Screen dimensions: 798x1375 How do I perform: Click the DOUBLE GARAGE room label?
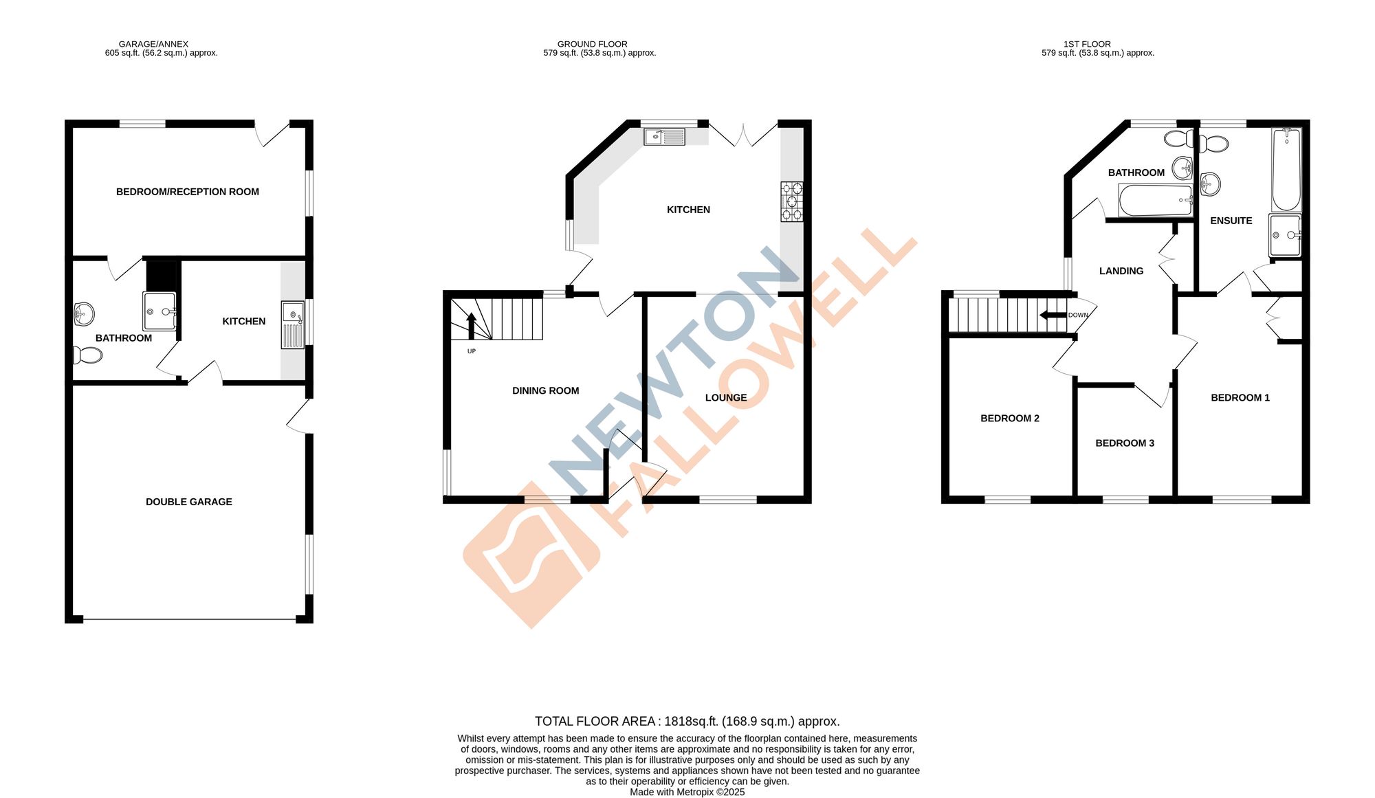pos(189,502)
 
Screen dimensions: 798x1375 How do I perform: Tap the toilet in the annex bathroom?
pos(87,355)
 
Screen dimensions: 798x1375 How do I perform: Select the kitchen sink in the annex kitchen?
pos(293,325)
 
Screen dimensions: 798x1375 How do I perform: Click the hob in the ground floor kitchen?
pos(792,201)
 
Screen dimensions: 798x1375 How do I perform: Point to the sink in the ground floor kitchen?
pos(664,137)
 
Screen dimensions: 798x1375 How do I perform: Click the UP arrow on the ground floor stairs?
pos(472,326)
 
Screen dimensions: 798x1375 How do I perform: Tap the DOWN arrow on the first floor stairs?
pos(1053,315)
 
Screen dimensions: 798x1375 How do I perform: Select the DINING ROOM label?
pos(545,390)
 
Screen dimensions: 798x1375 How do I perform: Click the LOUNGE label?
pos(726,397)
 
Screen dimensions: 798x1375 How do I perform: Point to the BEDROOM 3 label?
pos(1125,443)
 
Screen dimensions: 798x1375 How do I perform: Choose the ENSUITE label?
pos(1231,221)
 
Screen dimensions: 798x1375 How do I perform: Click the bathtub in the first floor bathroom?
pos(1156,200)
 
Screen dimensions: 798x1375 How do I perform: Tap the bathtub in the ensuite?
pos(1286,170)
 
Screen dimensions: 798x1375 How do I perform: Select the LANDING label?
pos(1121,271)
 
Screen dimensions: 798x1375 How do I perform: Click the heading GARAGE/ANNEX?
pos(153,44)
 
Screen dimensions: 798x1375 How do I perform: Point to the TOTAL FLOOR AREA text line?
pos(687,721)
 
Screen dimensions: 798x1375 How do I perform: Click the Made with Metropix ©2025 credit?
pos(687,792)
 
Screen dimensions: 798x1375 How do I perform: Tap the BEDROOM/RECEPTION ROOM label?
pos(188,192)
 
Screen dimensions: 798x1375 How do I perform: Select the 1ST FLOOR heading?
pos(1087,44)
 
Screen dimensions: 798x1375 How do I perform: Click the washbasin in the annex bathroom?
pos(83,314)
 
